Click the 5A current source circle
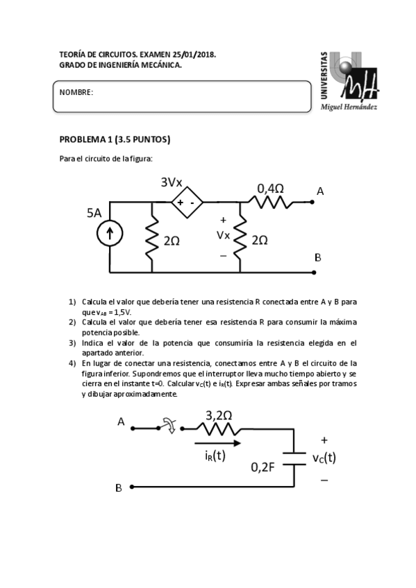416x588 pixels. tap(109, 234)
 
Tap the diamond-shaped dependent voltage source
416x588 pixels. tap(187, 202)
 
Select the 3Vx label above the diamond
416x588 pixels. tap(172, 182)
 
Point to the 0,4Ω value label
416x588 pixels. tap(270, 187)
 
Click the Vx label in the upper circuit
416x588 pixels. tap(223, 234)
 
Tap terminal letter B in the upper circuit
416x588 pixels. tap(317, 257)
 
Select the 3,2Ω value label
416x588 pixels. tap(219, 415)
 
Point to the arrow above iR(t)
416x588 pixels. tap(219, 442)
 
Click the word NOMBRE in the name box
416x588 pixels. tap(76, 92)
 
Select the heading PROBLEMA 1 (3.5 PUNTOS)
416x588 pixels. tap(115, 139)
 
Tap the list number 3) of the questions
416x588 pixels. tap(72, 343)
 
